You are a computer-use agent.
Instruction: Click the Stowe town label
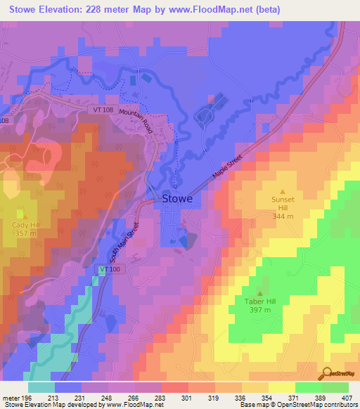178,199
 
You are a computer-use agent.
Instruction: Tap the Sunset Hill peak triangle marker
283,191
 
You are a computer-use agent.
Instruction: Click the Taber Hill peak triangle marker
259,294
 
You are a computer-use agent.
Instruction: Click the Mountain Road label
136,118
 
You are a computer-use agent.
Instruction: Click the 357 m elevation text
20,233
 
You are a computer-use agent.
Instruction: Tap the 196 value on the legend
28,398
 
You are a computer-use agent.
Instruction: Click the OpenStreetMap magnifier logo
327,373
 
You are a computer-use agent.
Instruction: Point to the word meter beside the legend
11,398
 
